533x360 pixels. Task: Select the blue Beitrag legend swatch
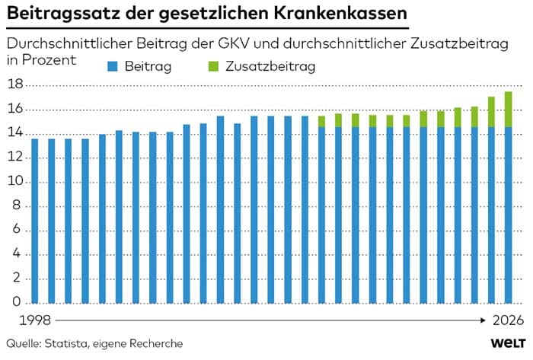111,67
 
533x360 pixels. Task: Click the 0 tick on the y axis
17,303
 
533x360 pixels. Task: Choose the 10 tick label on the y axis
14,182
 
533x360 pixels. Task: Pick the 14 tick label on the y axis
14,134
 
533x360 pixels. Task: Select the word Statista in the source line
69,344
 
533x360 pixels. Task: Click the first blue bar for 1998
34,221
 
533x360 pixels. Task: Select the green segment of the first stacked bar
321,121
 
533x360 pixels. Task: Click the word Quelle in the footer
23,344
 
